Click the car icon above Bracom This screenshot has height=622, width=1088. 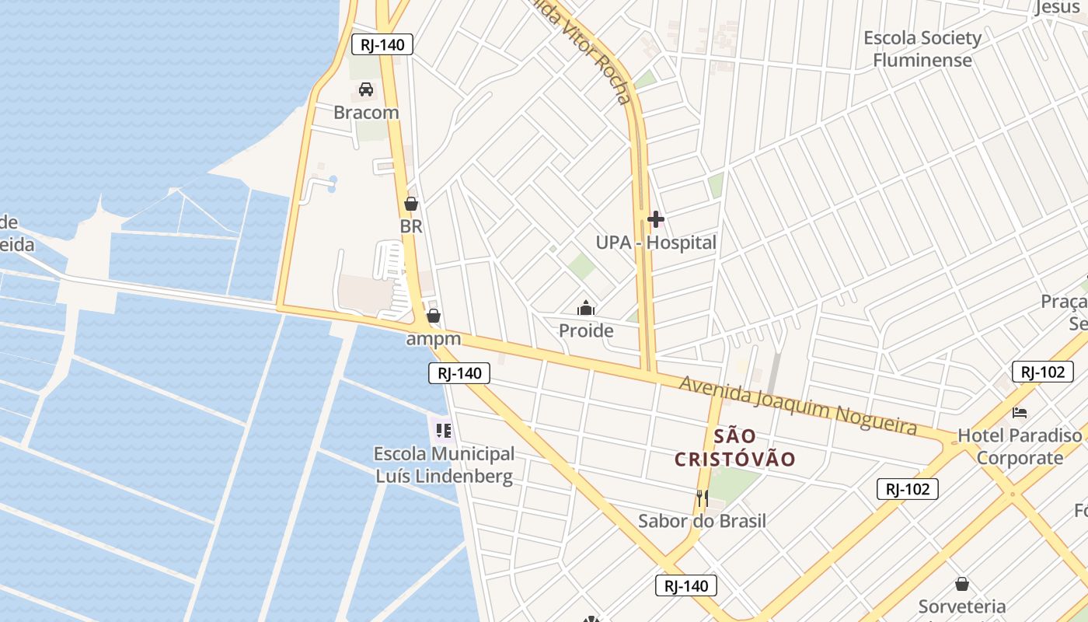[366, 89]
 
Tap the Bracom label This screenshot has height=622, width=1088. [366, 112]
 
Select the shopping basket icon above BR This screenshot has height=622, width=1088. [411, 204]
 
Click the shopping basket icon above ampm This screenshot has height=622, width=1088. [434, 316]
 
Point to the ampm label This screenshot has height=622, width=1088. [434, 339]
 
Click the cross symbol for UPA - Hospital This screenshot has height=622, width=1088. [655, 219]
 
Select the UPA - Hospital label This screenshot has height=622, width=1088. [656, 243]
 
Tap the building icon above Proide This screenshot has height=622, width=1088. [586, 308]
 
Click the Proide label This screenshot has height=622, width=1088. [586, 331]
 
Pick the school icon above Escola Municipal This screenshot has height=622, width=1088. [444, 430]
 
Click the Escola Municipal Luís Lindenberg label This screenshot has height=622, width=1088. [444, 465]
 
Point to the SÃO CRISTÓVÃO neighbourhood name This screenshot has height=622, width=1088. [734, 447]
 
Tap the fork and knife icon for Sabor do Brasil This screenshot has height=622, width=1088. [702, 498]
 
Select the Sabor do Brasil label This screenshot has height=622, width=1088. [702, 521]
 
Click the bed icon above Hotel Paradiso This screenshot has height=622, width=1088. [1020, 412]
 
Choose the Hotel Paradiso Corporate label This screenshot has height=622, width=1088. [1020, 446]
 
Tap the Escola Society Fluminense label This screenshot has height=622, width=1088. [922, 48]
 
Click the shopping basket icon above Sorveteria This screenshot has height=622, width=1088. [962, 584]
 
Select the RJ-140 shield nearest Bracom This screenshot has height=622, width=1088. [382, 44]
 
